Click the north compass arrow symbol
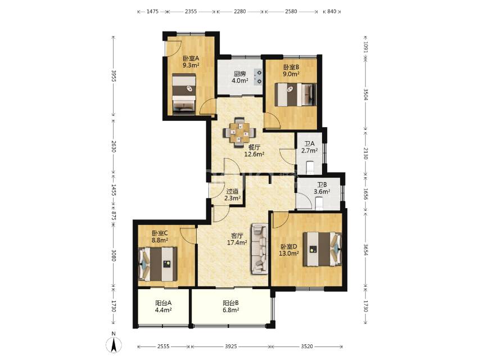pyautogui.click(x=114, y=345)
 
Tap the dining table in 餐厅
pyautogui.click(x=239, y=133)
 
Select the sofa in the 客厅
pyautogui.click(x=260, y=249)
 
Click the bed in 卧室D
pyautogui.click(x=323, y=249)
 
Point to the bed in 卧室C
pyautogui.click(x=158, y=264)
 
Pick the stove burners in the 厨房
pyautogui.click(x=259, y=77)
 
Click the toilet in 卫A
pyautogui.click(x=310, y=166)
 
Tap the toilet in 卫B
pyautogui.click(x=319, y=204)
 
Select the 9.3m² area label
pyautogui.click(x=191, y=65)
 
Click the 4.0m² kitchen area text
pyautogui.click(x=239, y=81)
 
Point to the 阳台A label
pyautogui.click(x=163, y=303)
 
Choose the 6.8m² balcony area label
pyautogui.click(x=231, y=310)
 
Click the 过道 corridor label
pyautogui.click(x=232, y=191)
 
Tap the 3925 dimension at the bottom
pyautogui.click(x=231, y=346)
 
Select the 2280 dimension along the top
pyautogui.click(x=239, y=12)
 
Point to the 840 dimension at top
pyautogui.click(x=332, y=12)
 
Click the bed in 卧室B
pyautogui.click(x=296, y=94)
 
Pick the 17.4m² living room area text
pyautogui.click(x=237, y=243)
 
